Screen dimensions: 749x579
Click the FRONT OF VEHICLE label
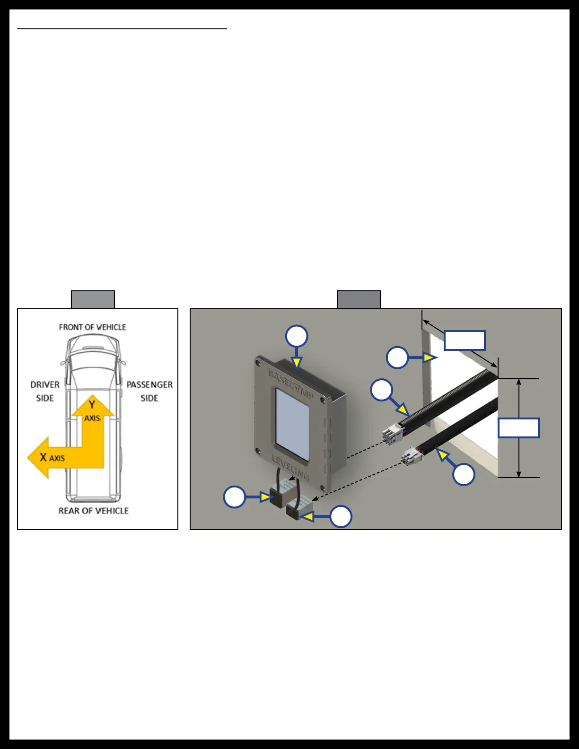(x=92, y=327)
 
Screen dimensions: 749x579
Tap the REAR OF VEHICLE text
(x=94, y=511)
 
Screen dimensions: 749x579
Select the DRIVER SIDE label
(x=45, y=392)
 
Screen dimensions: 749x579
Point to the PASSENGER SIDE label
(x=149, y=392)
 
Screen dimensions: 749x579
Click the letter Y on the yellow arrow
(x=92, y=405)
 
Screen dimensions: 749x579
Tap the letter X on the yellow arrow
(x=43, y=457)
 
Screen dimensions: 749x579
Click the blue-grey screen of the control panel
(x=292, y=425)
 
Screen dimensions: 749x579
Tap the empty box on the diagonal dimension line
(x=465, y=340)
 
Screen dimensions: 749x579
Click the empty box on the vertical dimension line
(x=518, y=428)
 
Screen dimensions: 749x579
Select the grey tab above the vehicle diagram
(x=93, y=300)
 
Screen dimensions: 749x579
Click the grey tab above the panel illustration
(x=359, y=300)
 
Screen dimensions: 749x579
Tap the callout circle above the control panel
(x=297, y=337)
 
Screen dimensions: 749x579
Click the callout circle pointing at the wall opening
(x=397, y=357)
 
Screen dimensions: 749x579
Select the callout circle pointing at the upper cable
(x=382, y=390)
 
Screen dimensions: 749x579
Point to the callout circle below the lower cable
(x=464, y=474)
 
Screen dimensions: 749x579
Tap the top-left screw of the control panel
(x=258, y=364)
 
